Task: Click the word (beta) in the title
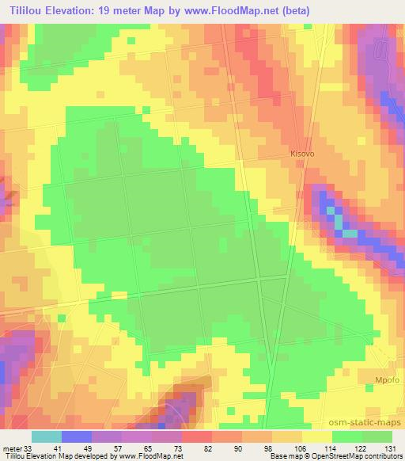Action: click(x=293, y=10)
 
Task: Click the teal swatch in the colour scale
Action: click(x=46, y=436)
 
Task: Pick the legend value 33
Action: click(x=28, y=448)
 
